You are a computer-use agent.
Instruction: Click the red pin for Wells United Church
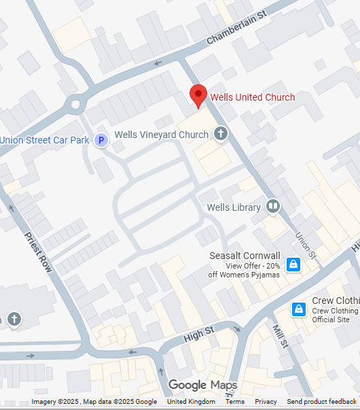pyautogui.click(x=198, y=96)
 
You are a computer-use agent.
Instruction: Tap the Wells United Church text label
pyautogui.click(x=253, y=97)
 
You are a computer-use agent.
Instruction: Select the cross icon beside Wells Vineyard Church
pyautogui.click(x=221, y=134)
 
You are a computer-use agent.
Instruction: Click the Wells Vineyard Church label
pyautogui.click(x=162, y=135)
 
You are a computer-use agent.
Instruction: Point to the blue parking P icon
pyautogui.click(x=101, y=140)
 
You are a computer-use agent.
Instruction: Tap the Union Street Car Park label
pyautogui.click(x=45, y=140)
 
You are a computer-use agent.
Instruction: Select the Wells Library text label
pyautogui.click(x=233, y=207)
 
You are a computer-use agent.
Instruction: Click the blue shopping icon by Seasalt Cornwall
pyautogui.click(x=293, y=264)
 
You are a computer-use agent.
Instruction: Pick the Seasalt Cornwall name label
pyautogui.click(x=245, y=256)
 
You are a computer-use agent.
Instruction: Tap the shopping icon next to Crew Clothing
pyautogui.click(x=298, y=310)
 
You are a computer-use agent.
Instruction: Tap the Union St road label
pyautogui.click(x=306, y=245)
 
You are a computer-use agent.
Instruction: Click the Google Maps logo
pyautogui.click(x=202, y=386)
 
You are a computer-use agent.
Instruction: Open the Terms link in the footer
pyautogui.click(x=235, y=402)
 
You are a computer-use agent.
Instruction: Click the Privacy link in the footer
pyautogui.click(x=266, y=402)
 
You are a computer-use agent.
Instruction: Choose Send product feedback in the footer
pyautogui.click(x=321, y=402)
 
